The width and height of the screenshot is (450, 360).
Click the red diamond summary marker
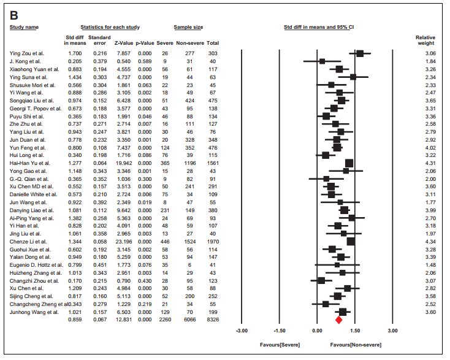338,320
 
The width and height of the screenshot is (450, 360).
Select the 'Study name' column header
24,28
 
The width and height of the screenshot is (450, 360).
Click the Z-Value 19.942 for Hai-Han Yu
123,163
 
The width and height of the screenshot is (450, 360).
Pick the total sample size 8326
213,320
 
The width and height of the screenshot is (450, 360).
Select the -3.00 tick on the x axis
242,331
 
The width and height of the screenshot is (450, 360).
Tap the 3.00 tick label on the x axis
393,331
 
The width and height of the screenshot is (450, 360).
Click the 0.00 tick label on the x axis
318,331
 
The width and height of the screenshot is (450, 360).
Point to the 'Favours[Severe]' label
280,345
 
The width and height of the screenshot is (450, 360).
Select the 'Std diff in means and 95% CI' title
318,28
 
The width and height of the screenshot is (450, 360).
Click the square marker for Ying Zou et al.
360,53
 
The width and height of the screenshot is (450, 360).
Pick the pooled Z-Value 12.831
123,320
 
